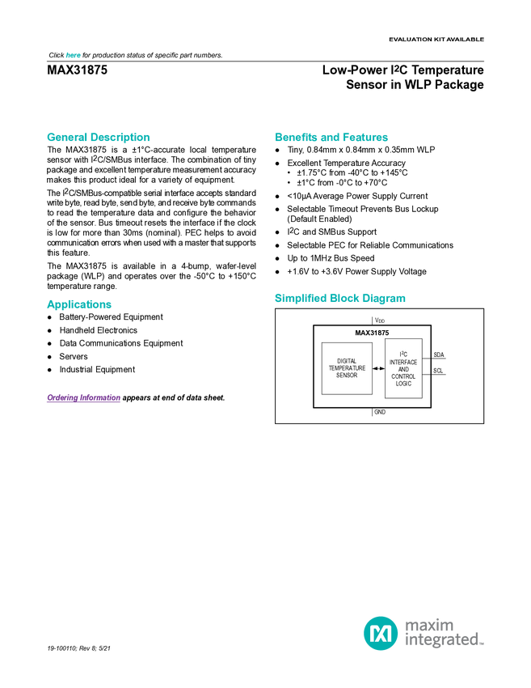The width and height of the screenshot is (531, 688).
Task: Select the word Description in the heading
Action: coord(120,138)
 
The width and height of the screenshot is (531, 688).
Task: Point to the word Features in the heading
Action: coord(367,138)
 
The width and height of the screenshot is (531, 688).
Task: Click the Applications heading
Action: coord(79,304)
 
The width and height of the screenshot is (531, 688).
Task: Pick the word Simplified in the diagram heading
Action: coord(301,299)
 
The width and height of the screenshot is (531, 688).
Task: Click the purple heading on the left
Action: coord(83,398)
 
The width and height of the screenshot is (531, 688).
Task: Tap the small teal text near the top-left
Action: coord(73,55)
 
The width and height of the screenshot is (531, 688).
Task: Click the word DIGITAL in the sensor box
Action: coord(347,361)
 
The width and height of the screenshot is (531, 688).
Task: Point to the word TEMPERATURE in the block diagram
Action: coord(347,368)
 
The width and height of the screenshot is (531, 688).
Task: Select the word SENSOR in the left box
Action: coord(347,376)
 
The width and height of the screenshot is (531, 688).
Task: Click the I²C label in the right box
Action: coord(403,355)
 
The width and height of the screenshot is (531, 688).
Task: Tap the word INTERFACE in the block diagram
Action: coord(403,362)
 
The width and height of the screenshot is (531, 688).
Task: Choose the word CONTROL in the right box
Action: coord(403,376)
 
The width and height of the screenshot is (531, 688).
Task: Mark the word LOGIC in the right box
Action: coord(403,384)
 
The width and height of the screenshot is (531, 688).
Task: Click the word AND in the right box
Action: coord(403,369)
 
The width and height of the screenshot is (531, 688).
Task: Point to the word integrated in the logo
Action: coord(444,640)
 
